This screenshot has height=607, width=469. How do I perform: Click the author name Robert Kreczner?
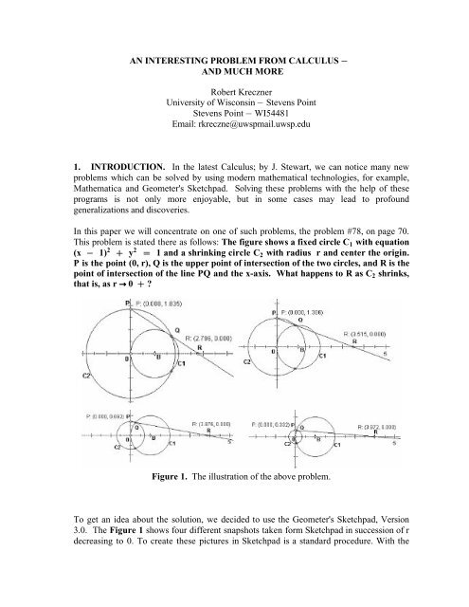click(233, 93)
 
